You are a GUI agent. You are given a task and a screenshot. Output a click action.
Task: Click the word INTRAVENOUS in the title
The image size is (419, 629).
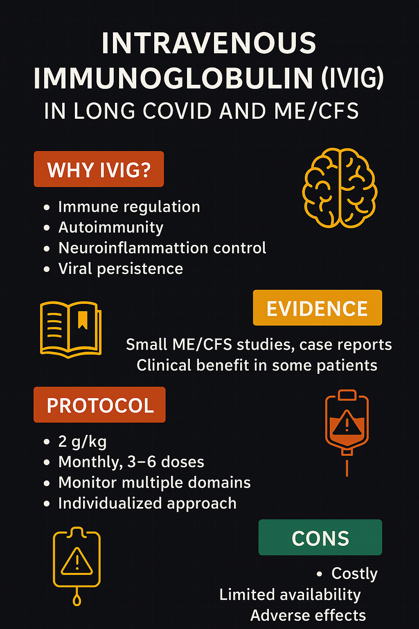tap(209, 43)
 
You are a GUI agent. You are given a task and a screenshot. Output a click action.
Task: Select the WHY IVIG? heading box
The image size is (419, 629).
tap(99, 169)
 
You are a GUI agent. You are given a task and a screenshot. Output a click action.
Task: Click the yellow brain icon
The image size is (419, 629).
tap(340, 188)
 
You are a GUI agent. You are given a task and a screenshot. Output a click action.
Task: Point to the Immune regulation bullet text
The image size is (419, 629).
tap(129, 207)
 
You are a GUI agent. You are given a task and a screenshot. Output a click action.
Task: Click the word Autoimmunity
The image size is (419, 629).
tap(111, 227)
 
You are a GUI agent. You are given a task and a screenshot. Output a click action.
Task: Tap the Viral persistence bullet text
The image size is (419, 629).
tap(121, 269)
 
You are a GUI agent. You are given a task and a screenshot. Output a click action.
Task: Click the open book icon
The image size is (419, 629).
tap(70, 328)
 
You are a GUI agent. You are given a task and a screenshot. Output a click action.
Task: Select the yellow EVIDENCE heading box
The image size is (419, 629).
tap(317, 308)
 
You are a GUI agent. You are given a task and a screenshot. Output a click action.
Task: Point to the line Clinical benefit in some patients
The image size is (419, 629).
tap(257, 365)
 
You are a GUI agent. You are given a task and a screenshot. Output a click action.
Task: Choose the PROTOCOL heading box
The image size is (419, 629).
tap(99, 405)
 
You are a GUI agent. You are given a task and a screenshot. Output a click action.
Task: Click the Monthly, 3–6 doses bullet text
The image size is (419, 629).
tap(131, 462)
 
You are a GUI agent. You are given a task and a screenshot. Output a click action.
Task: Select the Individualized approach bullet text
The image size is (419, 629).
tap(147, 503)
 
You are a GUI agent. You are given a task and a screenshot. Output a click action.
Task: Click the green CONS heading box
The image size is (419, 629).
tap(320, 537)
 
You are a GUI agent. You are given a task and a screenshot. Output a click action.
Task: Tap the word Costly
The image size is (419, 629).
tap(354, 574)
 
